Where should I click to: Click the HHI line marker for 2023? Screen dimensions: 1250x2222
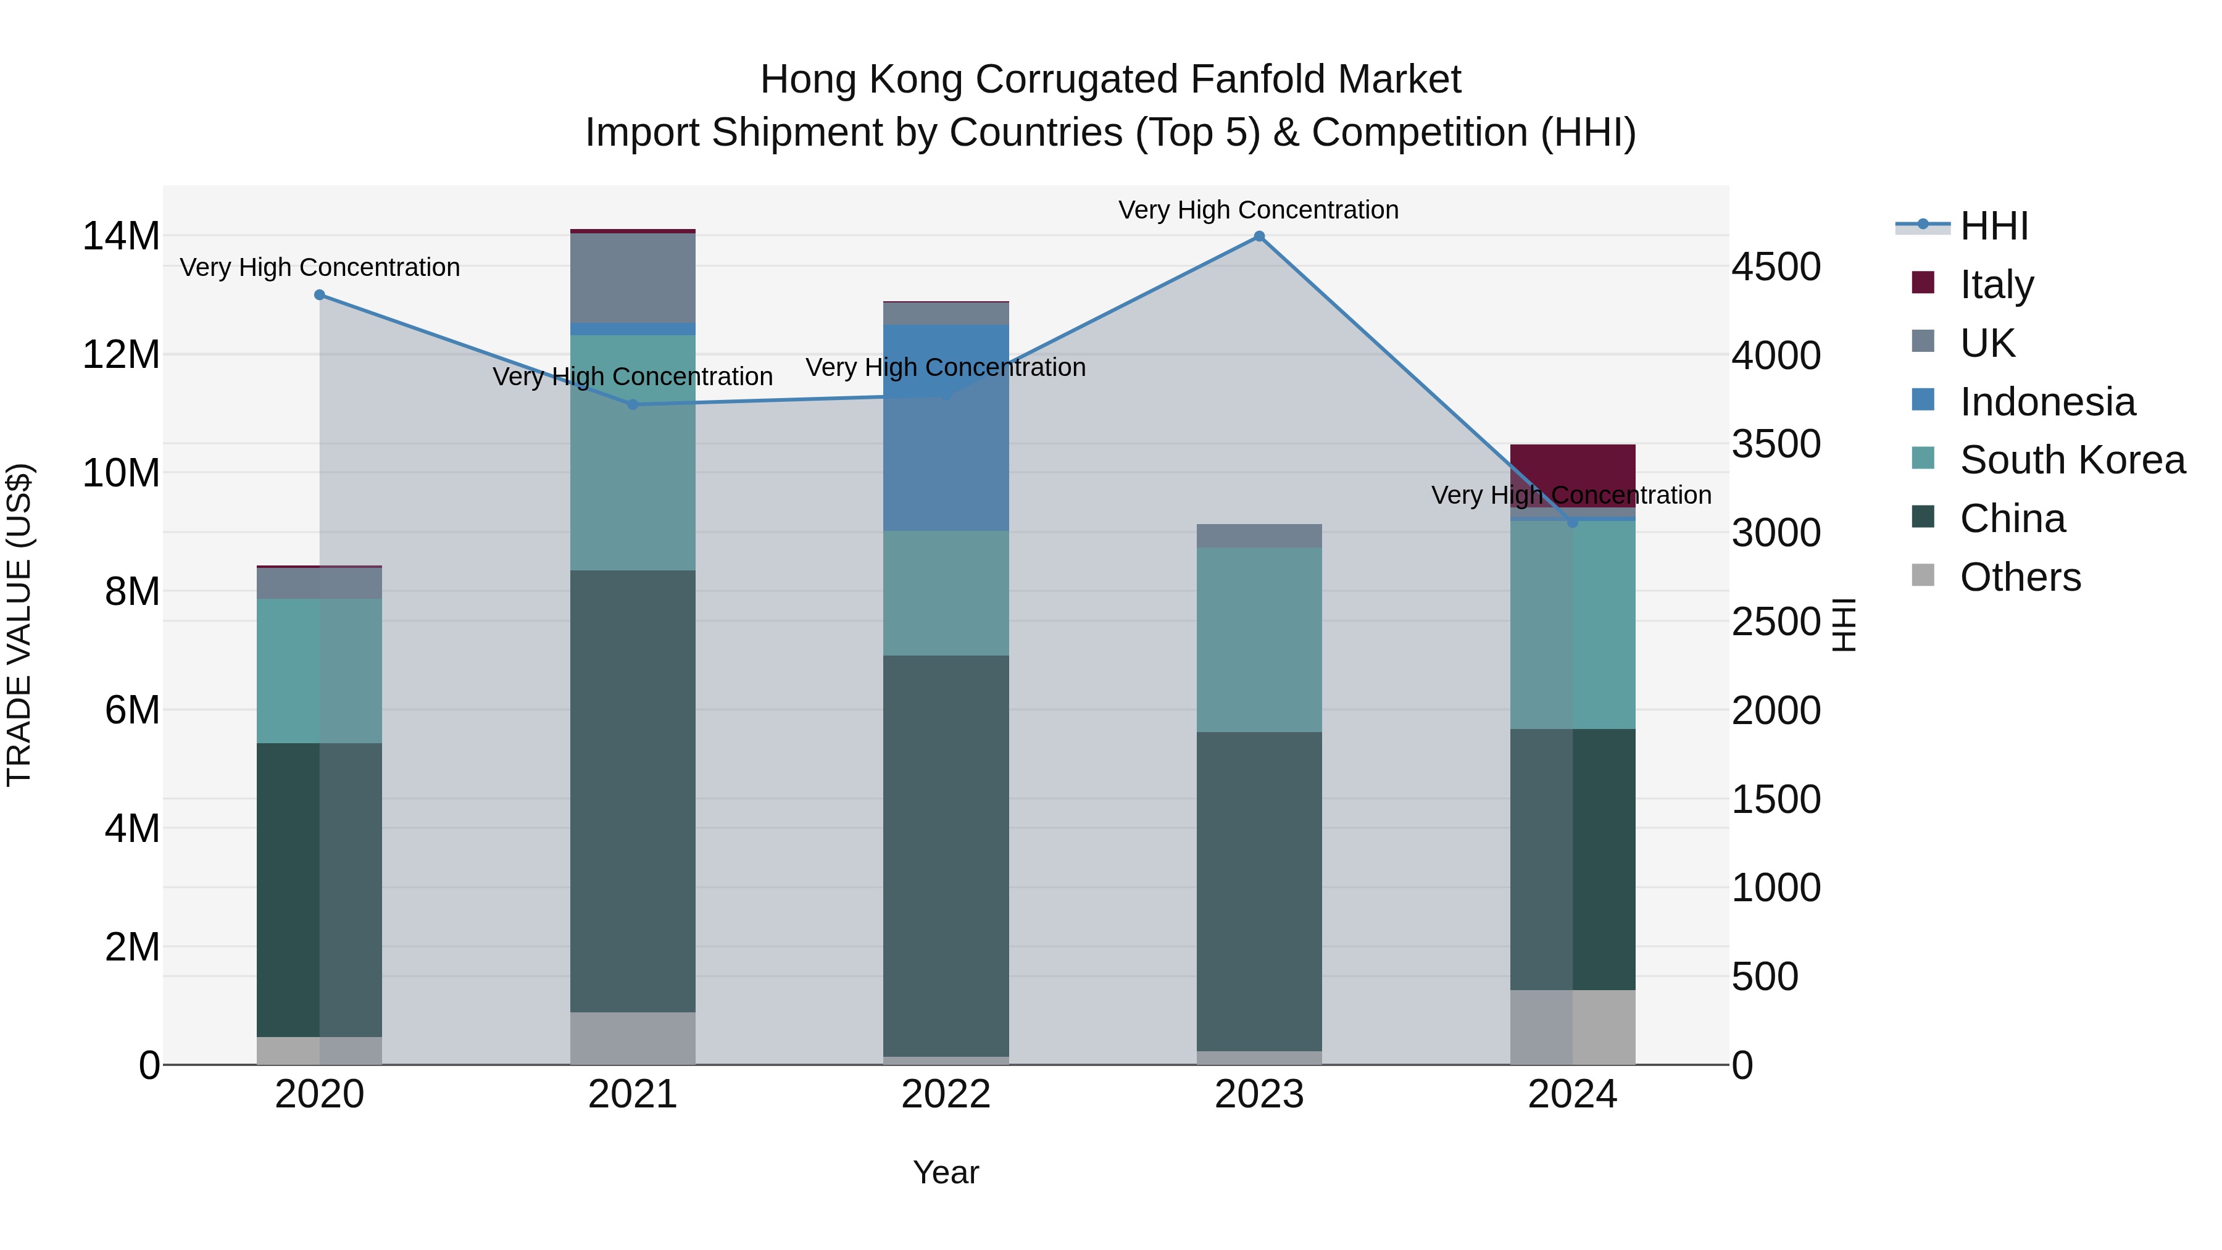click(1259, 236)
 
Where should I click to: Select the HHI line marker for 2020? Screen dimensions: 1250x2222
click(319, 295)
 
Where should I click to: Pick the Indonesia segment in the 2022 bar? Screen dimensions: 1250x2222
click(946, 427)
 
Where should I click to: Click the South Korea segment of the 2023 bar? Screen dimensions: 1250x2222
click(1259, 640)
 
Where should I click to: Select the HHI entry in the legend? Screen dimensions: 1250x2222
click(1992, 226)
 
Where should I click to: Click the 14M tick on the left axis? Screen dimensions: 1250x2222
click(121, 236)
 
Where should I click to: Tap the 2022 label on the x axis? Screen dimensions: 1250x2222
click(946, 1094)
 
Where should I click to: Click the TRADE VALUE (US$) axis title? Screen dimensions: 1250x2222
click(19, 625)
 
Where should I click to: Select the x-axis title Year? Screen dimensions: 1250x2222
click(946, 1172)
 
